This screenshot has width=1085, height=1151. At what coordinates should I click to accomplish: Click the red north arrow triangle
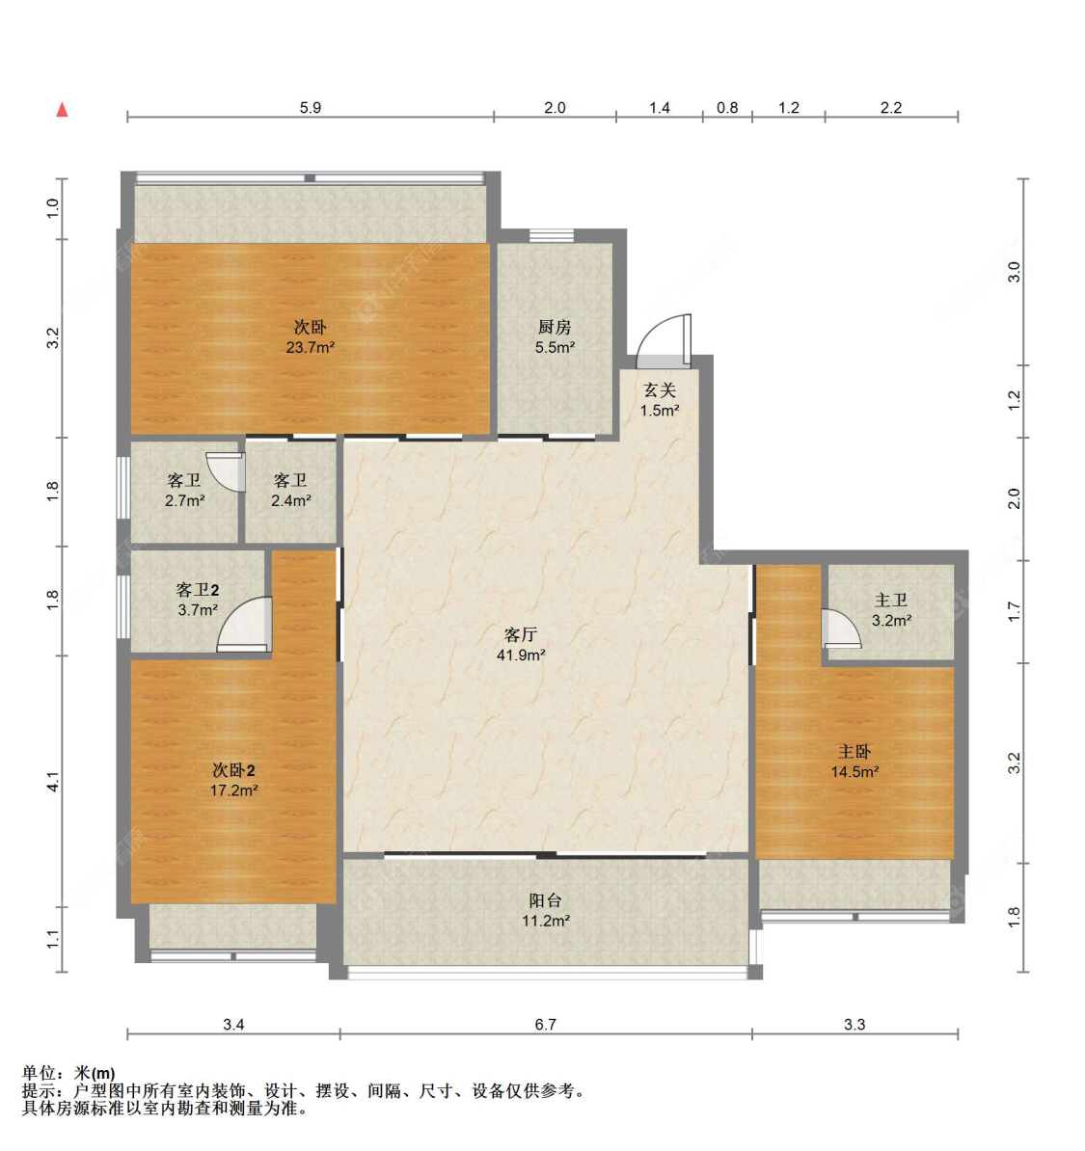(x=63, y=110)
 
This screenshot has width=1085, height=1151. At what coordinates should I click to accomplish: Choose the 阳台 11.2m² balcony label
(x=546, y=910)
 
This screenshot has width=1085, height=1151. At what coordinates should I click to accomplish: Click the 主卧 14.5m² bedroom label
(x=855, y=762)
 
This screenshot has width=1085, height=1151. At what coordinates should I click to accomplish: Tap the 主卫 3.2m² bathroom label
(x=892, y=610)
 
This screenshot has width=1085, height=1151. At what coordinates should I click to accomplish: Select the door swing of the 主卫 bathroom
(x=841, y=629)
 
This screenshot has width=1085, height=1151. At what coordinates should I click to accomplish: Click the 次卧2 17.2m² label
(x=233, y=780)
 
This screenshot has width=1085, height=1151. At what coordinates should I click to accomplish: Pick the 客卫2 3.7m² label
(x=198, y=600)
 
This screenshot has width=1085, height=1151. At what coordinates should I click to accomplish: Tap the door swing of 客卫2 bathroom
(x=245, y=624)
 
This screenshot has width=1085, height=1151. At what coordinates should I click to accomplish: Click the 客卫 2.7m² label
(x=184, y=491)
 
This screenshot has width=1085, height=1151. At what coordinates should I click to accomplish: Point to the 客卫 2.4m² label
(x=291, y=491)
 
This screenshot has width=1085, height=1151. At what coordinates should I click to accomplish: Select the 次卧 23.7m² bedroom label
(x=310, y=337)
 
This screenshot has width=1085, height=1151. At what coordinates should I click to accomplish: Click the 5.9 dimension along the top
(x=310, y=108)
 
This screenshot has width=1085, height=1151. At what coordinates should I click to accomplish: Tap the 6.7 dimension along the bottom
(x=545, y=1024)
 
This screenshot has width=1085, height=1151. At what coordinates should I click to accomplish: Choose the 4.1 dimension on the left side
(x=53, y=782)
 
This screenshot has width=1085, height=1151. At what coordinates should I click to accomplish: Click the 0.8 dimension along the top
(x=727, y=108)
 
